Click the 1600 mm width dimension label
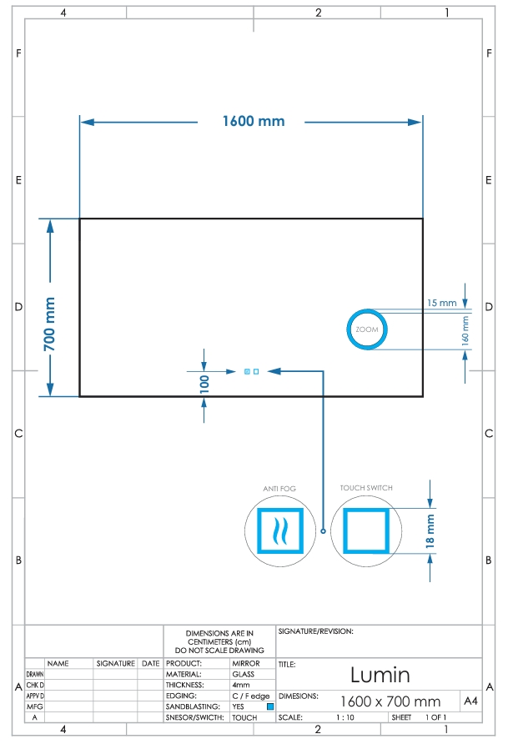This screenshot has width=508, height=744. point(254,121)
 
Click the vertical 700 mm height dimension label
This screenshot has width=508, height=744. point(49,324)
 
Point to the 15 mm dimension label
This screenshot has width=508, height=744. point(441,303)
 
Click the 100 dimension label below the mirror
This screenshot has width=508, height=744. point(204,384)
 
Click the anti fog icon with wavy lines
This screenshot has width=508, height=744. point(280,530)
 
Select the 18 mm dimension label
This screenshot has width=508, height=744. point(430,531)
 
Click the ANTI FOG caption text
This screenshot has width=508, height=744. point(279,488)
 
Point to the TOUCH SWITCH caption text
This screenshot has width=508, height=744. point(366,488)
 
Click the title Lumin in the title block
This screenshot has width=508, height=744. point(380,675)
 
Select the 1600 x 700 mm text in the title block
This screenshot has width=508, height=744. point(390,701)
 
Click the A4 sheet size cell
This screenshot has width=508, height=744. point(470,701)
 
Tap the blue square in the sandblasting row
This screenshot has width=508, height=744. point(270,706)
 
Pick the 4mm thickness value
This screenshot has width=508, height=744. point(241,685)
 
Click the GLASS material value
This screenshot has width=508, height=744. point(244,674)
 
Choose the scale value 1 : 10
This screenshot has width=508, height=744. point(345,717)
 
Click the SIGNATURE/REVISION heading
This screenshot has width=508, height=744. point(316,631)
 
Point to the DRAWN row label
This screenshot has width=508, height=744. point(35,674)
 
